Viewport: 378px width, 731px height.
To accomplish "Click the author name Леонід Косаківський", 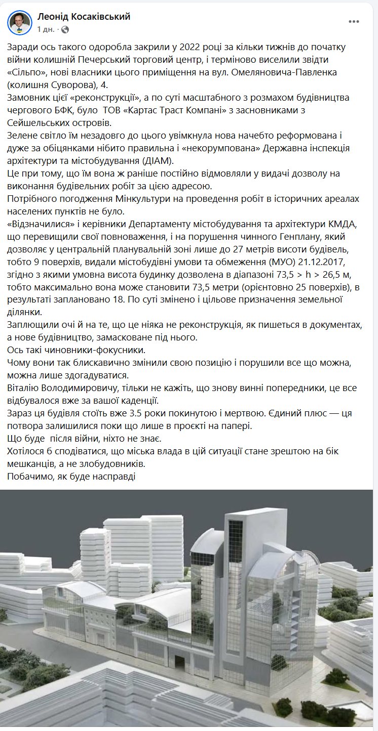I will pyautogui.click(x=84, y=17).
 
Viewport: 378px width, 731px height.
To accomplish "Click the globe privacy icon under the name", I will pyautogui.click(x=65, y=30).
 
